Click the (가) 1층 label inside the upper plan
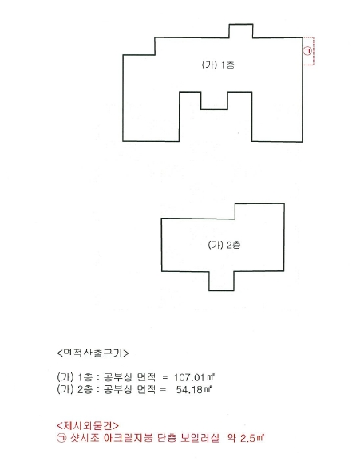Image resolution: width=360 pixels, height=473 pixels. [x=218, y=65]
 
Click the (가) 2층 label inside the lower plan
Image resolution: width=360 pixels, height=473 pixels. [x=224, y=245]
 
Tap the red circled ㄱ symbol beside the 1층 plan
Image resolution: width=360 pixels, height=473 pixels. [x=307, y=51]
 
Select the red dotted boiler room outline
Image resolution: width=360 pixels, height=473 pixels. [x=314, y=51]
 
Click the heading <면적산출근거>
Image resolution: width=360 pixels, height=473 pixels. [x=93, y=353]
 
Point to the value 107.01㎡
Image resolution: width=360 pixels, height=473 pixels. [x=194, y=377]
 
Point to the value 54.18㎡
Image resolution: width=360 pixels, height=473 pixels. [x=193, y=389]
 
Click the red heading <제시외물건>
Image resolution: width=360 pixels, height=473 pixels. [x=88, y=426]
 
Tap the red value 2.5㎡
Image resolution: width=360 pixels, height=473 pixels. [x=252, y=438]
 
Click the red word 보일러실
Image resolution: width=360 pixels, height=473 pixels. [x=200, y=438]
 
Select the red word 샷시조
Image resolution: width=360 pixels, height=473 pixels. [x=85, y=438]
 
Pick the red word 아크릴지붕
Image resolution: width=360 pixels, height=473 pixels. [x=128, y=438]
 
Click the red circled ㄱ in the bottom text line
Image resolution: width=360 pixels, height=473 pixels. [x=61, y=438]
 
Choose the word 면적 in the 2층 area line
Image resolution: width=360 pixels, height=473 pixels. [x=146, y=389]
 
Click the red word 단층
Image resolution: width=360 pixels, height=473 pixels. [x=167, y=438]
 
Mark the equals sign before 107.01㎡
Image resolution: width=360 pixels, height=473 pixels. [x=164, y=377]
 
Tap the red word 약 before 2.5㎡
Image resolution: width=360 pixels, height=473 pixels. [x=231, y=438]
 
